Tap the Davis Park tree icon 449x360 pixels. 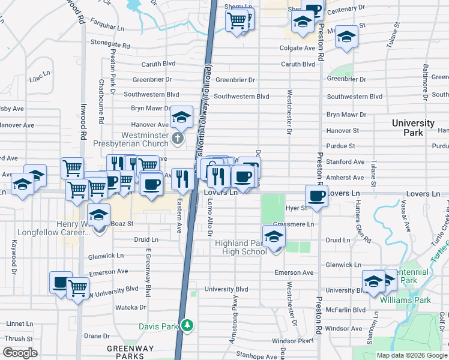(x=188, y=325)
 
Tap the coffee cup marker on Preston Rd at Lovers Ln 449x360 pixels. (x=316, y=195)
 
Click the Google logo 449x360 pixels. (x=20, y=353)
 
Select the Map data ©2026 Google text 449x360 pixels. (x=412, y=355)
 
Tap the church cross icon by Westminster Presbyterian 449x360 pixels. (x=177, y=139)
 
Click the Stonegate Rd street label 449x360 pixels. (x=110, y=44)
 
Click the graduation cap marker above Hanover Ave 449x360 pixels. (x=181, y=118)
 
